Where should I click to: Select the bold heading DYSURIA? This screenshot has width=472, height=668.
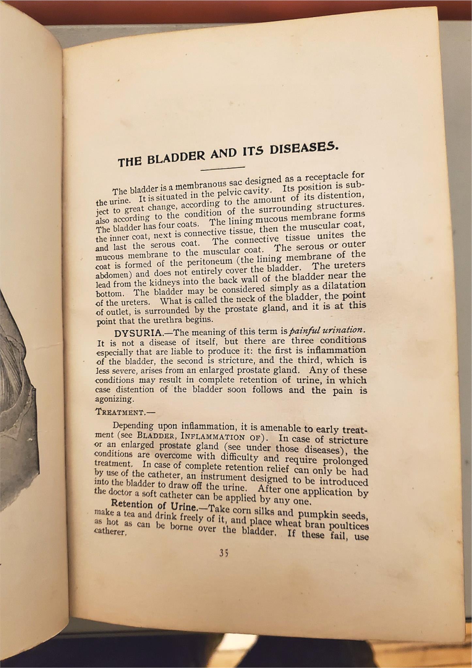138,333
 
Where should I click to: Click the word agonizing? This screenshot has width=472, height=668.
110,399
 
